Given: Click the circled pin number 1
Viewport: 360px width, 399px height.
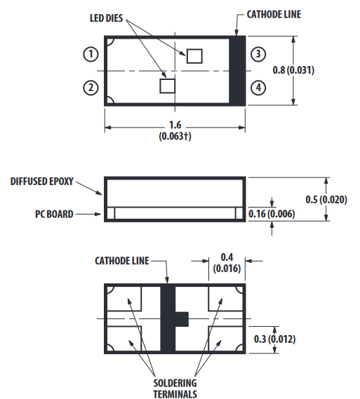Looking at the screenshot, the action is coord(91,54).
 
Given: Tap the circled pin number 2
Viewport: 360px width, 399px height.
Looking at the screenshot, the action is coord(91,88).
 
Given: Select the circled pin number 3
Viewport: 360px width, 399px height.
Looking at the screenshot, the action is coord(258,54).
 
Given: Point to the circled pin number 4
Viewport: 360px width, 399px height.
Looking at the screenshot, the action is coord(258,88).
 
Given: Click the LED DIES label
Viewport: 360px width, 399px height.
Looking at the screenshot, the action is coord(107,18).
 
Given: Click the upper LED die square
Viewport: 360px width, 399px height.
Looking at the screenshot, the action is coord(194,56).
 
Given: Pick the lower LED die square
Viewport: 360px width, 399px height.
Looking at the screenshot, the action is coord(168,86).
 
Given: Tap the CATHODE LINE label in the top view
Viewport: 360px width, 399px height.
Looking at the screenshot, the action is coord(274,15).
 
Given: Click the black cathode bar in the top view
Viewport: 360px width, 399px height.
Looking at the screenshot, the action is coord(237,71).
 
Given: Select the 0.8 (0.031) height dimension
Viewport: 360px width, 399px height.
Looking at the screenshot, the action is coord(293,70).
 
